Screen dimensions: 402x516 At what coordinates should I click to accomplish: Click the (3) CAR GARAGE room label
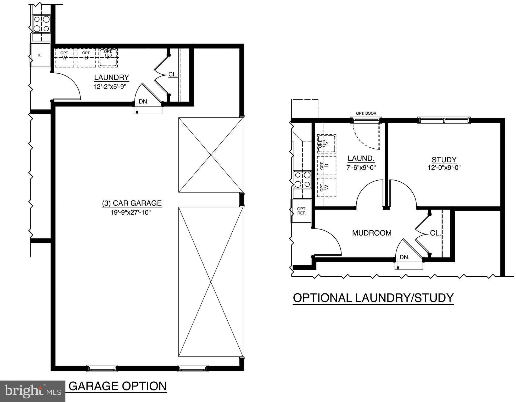point(132,203)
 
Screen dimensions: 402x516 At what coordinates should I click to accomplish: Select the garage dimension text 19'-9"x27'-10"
point(131,212)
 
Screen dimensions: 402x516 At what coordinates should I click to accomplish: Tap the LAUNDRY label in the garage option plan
point(111,77)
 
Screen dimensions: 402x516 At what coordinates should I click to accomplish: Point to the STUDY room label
point(444,160)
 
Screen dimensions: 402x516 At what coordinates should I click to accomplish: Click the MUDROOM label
point(372,233)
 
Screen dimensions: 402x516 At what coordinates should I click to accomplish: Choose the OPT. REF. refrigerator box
point(301,211)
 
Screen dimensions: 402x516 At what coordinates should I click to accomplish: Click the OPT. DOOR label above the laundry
point(366,113)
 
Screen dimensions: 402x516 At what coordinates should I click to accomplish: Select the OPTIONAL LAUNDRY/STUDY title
point(373,298)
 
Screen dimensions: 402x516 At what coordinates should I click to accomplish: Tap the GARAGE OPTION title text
point(117,386)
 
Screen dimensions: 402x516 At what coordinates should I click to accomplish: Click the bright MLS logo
point(32,391)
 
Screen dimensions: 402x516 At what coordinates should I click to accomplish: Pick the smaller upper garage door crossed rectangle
point(211,155)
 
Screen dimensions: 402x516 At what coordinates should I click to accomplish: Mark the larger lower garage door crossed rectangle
point(211,282)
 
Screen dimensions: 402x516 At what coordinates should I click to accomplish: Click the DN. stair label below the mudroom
point(404,257)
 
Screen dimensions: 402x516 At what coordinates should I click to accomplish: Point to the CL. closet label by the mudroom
point(435,233)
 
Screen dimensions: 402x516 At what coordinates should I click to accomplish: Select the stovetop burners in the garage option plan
point(41,24)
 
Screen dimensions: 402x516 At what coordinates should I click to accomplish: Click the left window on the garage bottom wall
point(102,368)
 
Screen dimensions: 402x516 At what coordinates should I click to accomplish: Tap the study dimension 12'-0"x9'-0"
point(444,168)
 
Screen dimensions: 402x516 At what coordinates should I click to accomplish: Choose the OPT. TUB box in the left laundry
point(108,57)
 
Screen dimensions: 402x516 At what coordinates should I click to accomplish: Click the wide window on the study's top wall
point(444,120)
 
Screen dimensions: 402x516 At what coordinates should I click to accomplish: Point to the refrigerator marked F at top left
point(40,55)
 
